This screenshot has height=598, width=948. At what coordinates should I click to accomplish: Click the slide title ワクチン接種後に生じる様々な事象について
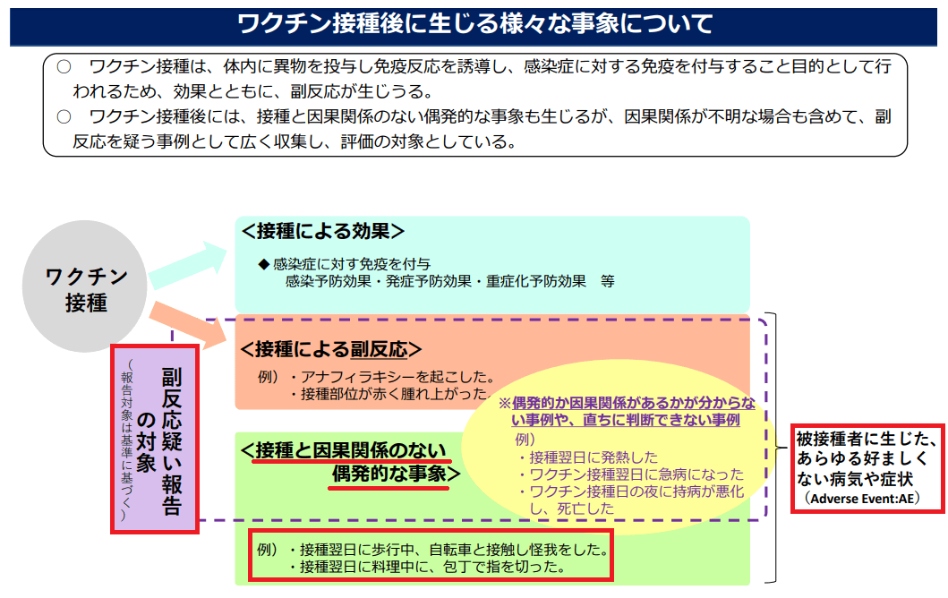click(474, 23)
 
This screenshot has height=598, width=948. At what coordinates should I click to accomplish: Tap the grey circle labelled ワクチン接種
click(85, 286)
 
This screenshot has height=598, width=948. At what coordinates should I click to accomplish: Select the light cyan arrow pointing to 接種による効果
click(187, 265)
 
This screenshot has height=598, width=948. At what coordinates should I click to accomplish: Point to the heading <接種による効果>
click(322, 231)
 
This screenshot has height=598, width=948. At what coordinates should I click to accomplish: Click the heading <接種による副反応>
click(330, 349)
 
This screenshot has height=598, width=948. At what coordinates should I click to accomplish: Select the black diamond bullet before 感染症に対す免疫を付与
click(263, 264)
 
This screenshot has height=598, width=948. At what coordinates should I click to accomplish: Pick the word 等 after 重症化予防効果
click(608, 281)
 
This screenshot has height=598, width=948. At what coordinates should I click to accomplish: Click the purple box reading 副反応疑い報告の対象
click(155, 439)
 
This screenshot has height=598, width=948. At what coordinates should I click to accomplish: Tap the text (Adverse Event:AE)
click(861, 499)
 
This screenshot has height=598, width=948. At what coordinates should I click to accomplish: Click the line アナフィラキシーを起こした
click(397, 377)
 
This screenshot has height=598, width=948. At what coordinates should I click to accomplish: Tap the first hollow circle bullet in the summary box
click(64, 66)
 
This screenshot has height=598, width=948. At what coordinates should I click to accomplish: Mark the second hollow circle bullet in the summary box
click(64, 116)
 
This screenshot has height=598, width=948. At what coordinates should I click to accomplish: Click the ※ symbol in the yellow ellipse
click(505, 404)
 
